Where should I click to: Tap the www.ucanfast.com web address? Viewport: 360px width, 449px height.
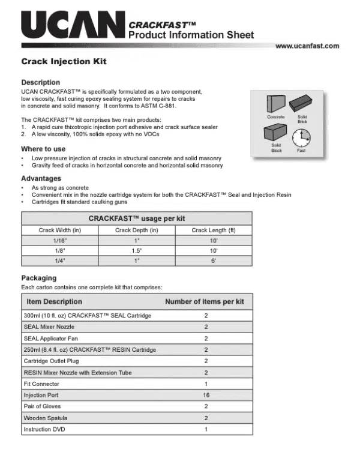pyautogui.click(x=307, y=46)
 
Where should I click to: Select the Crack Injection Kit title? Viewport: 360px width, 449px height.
pyautogui.click(x=64, y=62)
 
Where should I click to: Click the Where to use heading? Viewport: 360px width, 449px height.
pyautogui.click(x=43, y=149)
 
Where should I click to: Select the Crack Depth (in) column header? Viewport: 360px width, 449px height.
pyautogui.click(x=137, y=230)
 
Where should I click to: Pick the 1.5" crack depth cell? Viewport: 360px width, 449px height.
pyautogui.click(x=137, y=251)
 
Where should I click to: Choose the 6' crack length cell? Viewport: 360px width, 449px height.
pyautogui.click(x=213, y=262)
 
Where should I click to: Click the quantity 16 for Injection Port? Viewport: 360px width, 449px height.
pyautogui.click(x=206, y=396)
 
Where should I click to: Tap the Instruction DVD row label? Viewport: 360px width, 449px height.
pyautogui.click(x=44, y=430)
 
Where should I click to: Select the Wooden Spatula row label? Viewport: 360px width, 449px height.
pyautogui.click(x=46, y=418)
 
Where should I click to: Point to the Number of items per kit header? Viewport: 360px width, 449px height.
pyautogui.click(x=206, y=301)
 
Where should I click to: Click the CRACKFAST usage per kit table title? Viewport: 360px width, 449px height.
pyautogui.click(x=137, y=218)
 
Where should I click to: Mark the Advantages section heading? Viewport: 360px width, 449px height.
pyautogui.click(x=41, y=179)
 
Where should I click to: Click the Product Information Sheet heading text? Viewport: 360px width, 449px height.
pyautogui.click(x=191, y=35)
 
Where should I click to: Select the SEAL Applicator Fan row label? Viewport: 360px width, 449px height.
pyautogui.click(x=49, y=339)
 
